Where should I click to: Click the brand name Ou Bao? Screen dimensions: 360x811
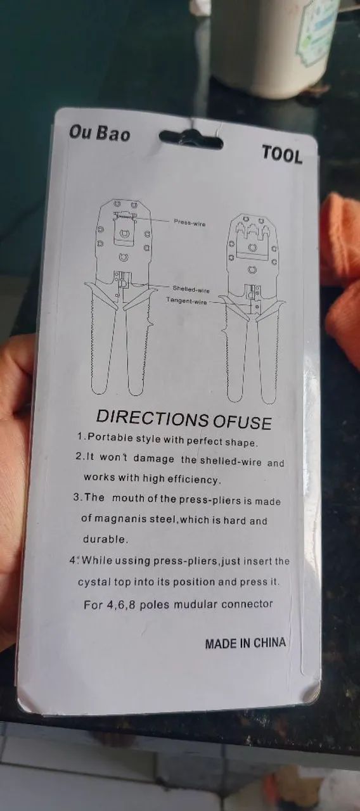click(x=100, y=133)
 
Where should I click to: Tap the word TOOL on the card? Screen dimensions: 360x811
click(x=282, y=155)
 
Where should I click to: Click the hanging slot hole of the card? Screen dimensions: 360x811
click(x=191, y=138)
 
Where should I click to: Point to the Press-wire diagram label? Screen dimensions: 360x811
click(x=190, y=222)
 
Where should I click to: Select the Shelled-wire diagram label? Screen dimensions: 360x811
click(x=191, y=289)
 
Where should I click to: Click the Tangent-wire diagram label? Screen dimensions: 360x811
click(x=186, y=300)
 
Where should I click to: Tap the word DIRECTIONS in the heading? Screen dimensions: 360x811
click(x=152, y=418)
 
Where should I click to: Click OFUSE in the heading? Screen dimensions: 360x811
click(x=242, y=422)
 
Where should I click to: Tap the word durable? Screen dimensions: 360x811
click(x=105, y=539)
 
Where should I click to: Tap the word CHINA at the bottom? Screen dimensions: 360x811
click(x=269, y=643)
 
